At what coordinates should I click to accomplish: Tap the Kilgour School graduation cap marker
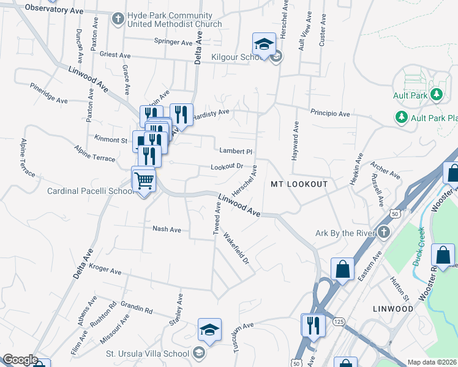[x=264, y=45]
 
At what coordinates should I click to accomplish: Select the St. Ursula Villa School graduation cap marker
[x=209, y=330]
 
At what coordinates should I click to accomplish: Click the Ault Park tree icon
[x=437, y=95]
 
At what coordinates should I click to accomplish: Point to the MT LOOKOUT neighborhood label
[x=299, y=184]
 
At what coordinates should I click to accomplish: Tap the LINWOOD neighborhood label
[x=393, y=309]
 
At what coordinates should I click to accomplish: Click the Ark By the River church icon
[x=383, y=232]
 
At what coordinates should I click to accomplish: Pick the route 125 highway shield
[x=339, y=322]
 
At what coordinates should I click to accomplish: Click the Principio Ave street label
[x=329, y=114]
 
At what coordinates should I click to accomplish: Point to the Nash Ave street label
[x=167, y=229]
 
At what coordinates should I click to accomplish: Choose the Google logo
[x=20, y=360]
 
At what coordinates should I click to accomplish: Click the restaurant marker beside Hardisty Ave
[x=181, y=113]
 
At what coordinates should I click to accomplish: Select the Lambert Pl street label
[x=236, y=151]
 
